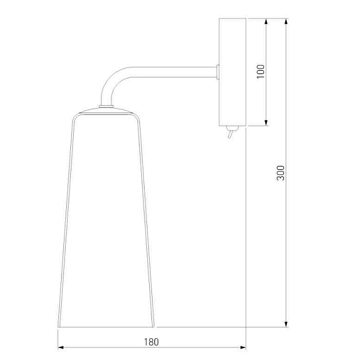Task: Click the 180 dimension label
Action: [151, 342]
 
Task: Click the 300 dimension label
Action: [281, 173]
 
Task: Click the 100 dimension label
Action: [261, 71]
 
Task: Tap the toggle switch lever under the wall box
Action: [230, 134]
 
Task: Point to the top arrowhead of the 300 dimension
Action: [286, 21]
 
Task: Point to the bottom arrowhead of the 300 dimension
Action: [286, 324]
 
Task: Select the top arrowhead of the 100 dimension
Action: [266, 21]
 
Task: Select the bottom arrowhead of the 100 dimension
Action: [266, 123]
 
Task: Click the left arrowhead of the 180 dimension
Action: [61, 347]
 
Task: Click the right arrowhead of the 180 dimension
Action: [243, 347]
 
